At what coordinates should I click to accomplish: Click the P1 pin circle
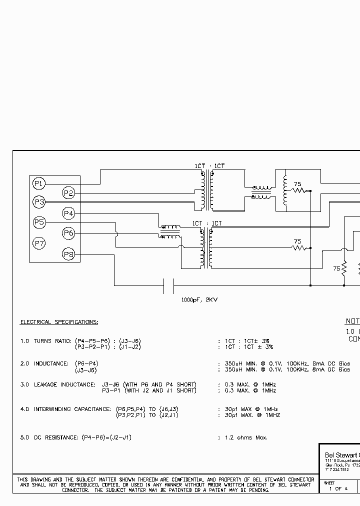(38, 184)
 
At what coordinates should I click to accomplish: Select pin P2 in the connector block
(68, 193)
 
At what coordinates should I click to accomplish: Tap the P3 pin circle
(38, 202)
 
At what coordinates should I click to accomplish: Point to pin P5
(38, 222)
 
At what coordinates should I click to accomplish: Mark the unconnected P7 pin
(38, 243)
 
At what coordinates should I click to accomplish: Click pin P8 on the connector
(68, 255)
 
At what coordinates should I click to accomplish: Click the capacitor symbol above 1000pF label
(168, 286)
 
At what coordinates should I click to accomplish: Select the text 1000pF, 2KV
(199, 300)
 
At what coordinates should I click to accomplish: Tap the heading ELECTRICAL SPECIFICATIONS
(59, 322)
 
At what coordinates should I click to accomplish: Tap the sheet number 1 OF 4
(338, 488)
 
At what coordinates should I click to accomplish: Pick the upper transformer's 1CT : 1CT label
(209, 166)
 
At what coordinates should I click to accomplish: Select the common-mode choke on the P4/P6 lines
(170, 231)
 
